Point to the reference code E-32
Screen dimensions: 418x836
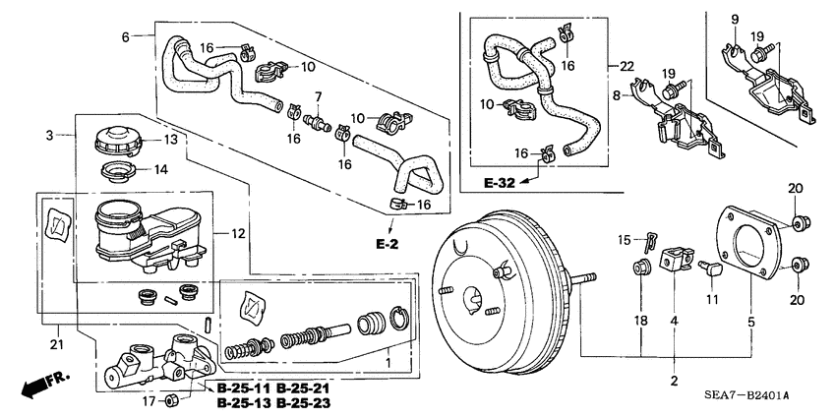click(501, 184)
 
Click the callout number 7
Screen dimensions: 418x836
click(318, 95)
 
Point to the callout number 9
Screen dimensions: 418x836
click(734, 19)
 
